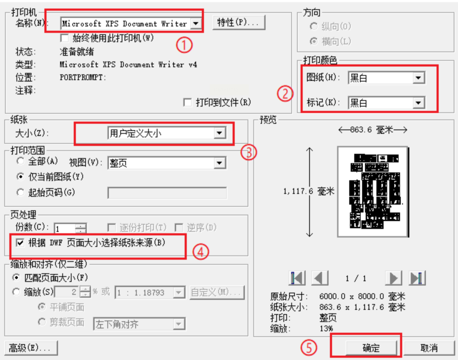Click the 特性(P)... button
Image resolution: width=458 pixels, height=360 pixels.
click(239, 22)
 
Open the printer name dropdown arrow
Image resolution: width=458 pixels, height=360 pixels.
click(196, 23)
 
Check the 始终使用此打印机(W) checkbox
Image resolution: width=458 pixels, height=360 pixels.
click(64, 38)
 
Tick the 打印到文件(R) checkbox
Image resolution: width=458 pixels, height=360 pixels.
click(187, 103)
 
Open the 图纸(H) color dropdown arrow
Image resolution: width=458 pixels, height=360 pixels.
click(418, 78)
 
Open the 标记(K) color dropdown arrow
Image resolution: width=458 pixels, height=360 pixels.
click(418, 103)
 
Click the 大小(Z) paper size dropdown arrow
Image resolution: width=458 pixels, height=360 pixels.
click(220, 133)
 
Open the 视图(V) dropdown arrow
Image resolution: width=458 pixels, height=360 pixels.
click(220, 163)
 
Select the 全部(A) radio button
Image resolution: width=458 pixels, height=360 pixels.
click(20, 161)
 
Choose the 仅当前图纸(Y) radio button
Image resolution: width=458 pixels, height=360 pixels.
click(20, 177)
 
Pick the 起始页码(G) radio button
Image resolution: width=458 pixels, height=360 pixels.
click(20, 192)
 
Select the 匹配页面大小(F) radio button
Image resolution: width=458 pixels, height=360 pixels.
click(16, 277)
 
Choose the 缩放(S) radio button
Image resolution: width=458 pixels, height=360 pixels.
click(16, 292)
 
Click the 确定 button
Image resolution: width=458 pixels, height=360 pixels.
click(371, 348)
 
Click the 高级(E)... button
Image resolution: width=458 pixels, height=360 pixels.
click(31, 348)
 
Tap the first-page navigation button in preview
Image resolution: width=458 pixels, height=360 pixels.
click(297, 278)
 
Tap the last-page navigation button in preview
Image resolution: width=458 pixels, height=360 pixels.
click(417, 278)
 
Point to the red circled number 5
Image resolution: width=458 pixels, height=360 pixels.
click(308, 347)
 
